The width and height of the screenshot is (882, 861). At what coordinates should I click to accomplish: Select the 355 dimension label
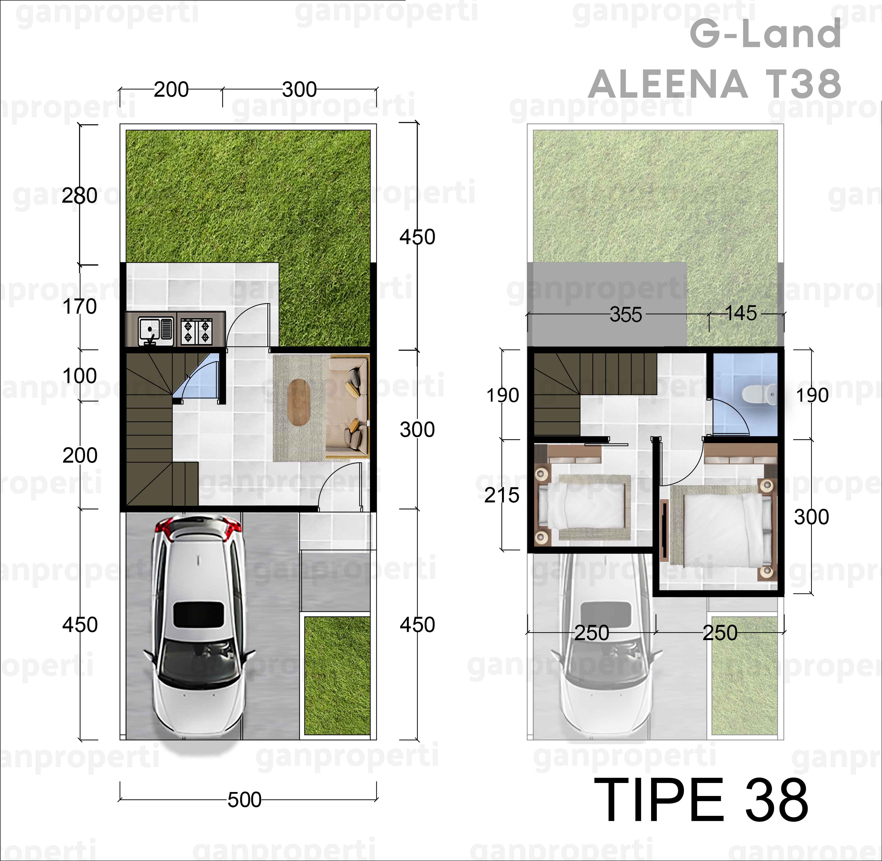(626, 315)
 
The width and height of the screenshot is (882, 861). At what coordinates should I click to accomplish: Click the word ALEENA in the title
(668, 85)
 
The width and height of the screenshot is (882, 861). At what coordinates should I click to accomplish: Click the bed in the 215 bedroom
(583, 507)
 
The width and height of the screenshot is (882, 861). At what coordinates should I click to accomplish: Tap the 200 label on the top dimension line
(171, 90)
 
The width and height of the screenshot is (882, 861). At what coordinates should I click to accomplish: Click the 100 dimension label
(79, 376)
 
